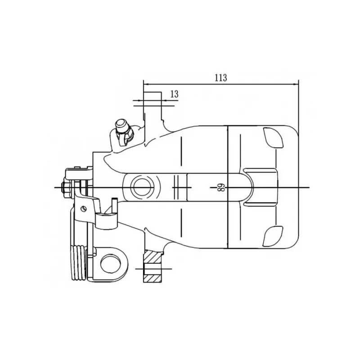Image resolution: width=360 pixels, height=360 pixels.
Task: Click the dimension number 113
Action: point(220,78)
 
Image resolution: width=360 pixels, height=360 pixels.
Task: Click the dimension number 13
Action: point(175,94)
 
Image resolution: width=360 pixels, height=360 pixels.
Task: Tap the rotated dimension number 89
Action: point(220,188)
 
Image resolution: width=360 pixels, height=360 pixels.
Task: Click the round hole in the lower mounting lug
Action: point(111,264)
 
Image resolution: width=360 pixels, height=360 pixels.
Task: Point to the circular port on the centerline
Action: point(142,187)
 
